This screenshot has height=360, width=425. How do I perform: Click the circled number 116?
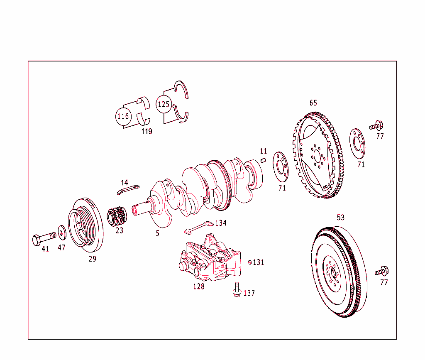123,116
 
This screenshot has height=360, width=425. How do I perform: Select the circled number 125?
164,104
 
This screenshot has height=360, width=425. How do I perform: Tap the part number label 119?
147,132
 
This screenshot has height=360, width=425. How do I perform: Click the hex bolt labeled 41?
43,238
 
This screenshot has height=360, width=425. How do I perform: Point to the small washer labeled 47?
62,232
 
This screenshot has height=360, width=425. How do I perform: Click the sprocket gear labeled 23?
117,216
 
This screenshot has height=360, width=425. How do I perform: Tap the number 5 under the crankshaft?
158,233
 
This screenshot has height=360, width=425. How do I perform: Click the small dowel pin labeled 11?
263,161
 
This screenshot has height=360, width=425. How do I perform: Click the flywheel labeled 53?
339,272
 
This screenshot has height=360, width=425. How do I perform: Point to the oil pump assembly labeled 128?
210,260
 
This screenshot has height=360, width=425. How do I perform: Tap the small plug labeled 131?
249,262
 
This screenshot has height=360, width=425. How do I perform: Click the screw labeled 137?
237,289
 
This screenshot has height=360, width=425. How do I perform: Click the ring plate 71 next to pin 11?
280,167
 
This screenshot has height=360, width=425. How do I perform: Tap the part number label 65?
313,103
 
